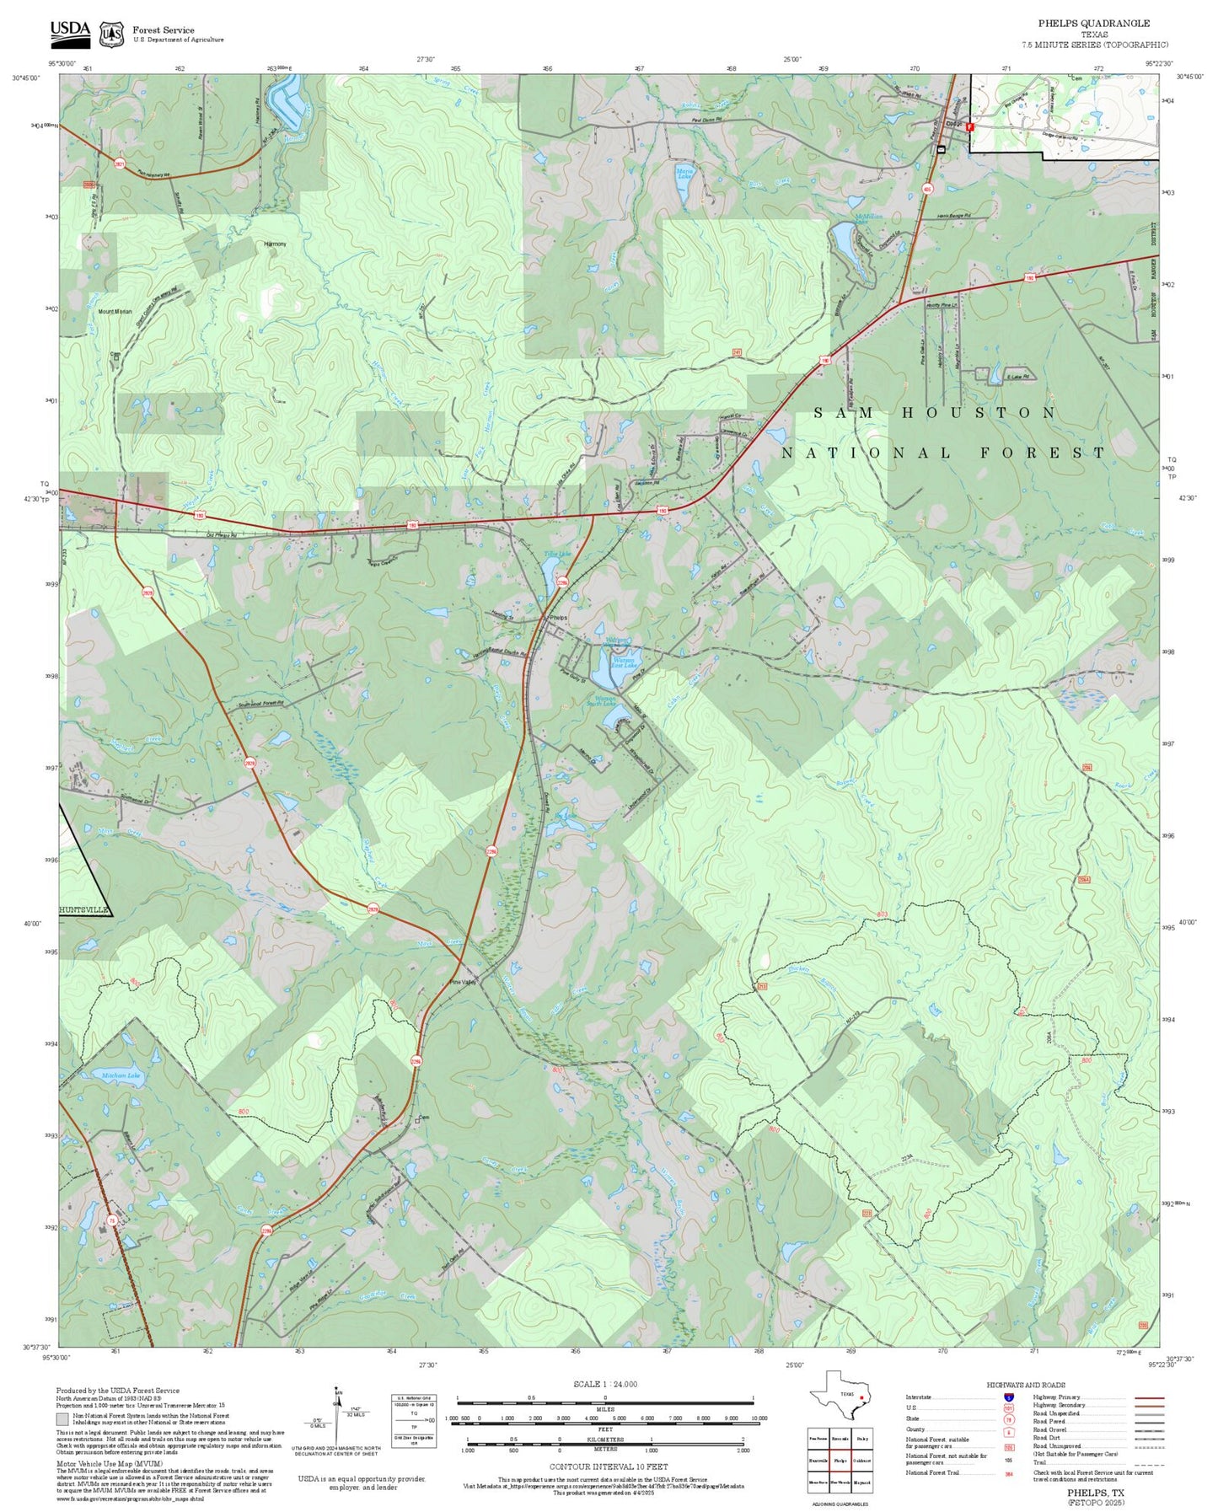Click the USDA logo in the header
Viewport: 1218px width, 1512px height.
tap(70, 33)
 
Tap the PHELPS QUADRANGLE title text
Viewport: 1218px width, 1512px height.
tap(1093, 24)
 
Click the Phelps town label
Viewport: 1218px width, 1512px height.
tap(558, 618)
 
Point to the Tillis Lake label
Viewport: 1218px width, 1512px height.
tap(556, 555)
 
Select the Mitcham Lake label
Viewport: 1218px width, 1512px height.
tap(121, 1076)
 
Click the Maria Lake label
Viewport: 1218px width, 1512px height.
tap(684, 174)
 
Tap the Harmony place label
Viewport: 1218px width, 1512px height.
tap(275, 244)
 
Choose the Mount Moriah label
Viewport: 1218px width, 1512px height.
tap(115, 312)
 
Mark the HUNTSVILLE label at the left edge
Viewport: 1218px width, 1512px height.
tap(84, 910)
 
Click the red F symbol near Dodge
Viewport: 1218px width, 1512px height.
tap(969, 127)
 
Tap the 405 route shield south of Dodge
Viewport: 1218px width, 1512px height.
tap(927, 189)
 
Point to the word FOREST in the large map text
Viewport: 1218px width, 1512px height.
tap(1042, 453)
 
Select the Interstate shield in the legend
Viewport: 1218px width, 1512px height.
tap(1008, 1397)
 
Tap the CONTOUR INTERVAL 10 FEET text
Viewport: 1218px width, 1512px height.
tap(604, 1466)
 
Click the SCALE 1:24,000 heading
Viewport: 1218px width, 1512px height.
tap(604, 1384)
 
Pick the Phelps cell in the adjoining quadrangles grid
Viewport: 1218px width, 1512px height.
tap(840, 1461)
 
